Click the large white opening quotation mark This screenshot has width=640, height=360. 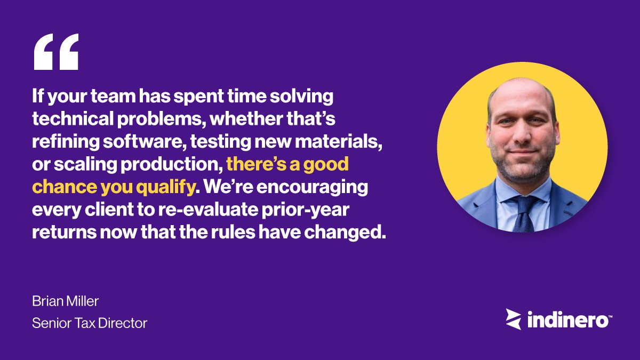[x=55, y=52]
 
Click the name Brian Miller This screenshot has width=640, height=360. [x=66, y=301]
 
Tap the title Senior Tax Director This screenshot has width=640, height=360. [x=90, y=323]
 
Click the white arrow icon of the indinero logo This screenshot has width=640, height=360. [x=514, y=319]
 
